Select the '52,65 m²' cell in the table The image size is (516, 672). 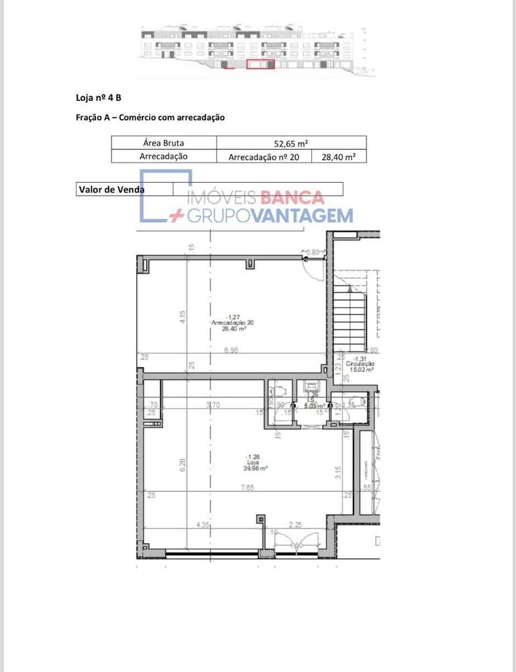point(291,142)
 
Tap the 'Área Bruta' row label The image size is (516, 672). point(163,142)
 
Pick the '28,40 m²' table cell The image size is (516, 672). point(339,157)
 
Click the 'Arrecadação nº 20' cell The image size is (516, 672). point(264,157)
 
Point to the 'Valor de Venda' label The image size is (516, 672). point(111,190)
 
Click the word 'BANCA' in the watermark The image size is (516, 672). point(292,198)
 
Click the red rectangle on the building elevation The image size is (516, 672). point(260,65)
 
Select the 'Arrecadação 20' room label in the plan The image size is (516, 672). point(232,323)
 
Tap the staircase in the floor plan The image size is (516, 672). point(350,312)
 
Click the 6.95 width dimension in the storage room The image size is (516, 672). point(231,350)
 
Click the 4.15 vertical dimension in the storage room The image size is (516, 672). point(183,317)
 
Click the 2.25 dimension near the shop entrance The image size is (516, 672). point(295,525)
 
